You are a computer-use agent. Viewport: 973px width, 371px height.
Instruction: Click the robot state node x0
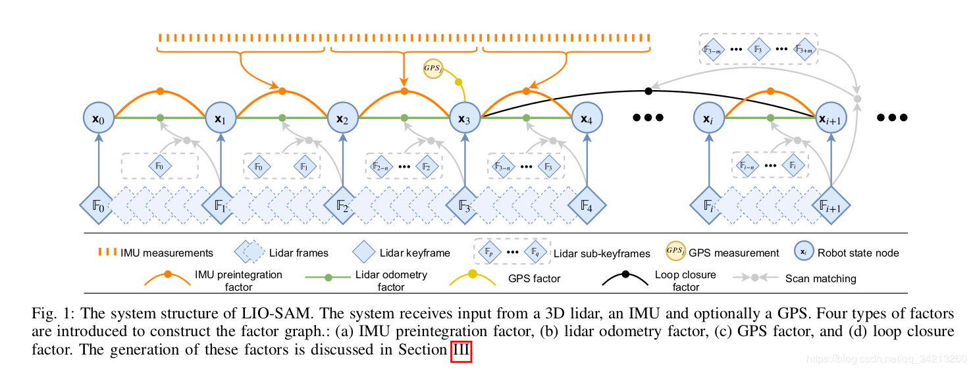(x=99, y=118)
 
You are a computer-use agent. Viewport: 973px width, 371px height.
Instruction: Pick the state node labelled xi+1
(x=831, y=118)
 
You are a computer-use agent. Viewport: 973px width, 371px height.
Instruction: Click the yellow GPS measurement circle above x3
(x=433, y=68)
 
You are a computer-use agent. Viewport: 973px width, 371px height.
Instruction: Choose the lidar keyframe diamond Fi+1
(x=831, y=207)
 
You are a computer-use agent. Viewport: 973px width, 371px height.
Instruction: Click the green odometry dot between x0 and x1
(x=160, y=118)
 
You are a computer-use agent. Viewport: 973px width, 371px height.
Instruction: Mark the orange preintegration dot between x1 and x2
(x=282, y=90)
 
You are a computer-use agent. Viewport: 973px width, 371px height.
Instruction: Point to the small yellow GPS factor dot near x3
(x=458, y=82)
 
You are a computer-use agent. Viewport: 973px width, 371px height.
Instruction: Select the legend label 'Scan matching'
(x=820, y=278)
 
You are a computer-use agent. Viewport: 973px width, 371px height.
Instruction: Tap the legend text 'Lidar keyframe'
(x=415, y=253)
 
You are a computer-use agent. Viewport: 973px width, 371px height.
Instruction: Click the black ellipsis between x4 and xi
(x=648, y=118)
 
